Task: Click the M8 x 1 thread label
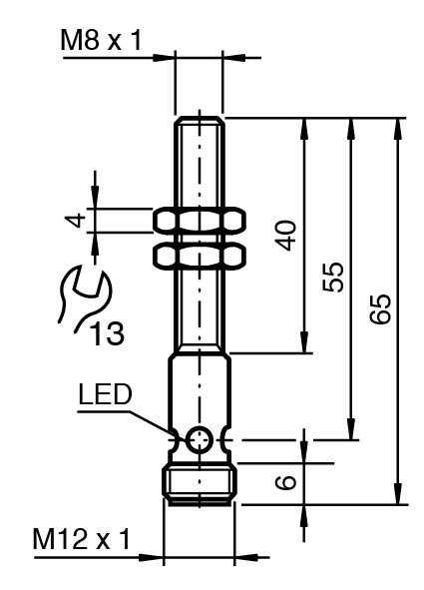[101, 41]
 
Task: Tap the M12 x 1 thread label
[82, 539]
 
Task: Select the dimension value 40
[286, 236]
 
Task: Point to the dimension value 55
[333, 278]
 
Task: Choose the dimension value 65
[380, 308]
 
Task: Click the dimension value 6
[286, 482]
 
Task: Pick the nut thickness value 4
[76, 220]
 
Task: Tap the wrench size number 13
[108, 333]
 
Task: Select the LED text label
[105, 394]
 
